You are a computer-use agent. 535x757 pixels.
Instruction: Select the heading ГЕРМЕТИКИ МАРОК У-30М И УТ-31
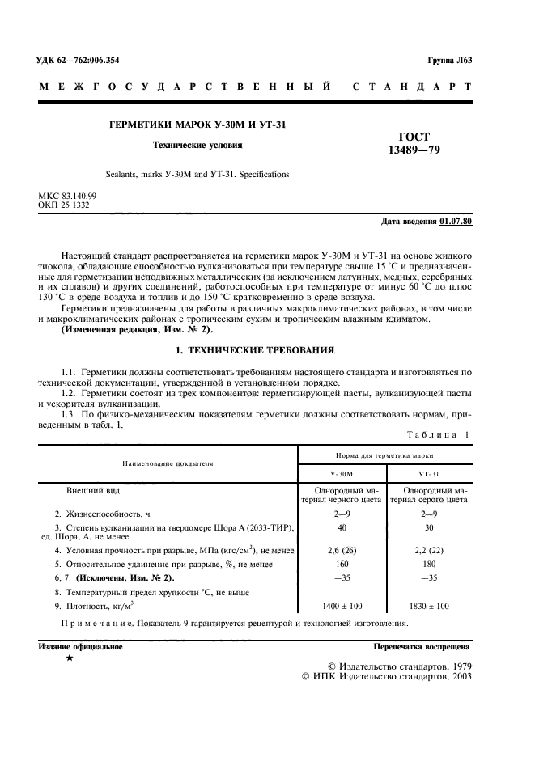coord(197,125)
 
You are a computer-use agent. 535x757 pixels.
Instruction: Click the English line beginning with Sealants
coord(197,174)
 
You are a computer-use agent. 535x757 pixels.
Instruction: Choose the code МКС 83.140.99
coord(67,197)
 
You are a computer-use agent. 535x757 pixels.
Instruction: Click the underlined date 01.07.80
coord(456,221)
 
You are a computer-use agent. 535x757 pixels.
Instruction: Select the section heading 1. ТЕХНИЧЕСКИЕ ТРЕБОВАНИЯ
coord(255,351)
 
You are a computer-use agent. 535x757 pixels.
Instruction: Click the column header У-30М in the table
coord(343,473)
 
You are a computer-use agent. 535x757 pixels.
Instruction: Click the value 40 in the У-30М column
coord(343,527)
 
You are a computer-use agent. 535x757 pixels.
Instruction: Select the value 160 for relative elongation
coord(343,564)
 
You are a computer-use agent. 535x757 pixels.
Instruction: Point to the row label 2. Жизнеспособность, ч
coord(101,514)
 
